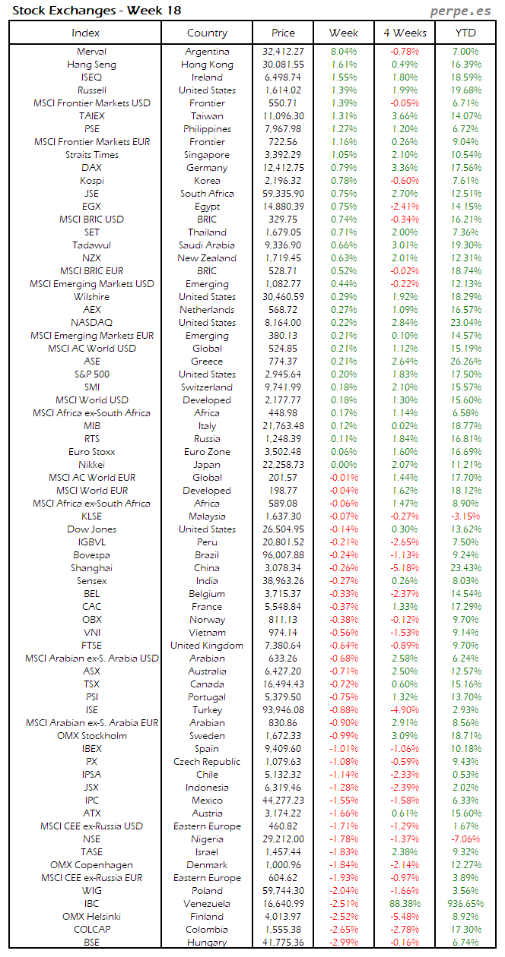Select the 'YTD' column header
pos(465,33)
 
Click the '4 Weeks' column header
pos(405,33)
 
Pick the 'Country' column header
pos(207,33)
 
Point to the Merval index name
pos(91,52)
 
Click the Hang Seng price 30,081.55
pos(283,65)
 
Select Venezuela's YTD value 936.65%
pos(465,904)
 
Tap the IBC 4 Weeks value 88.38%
pos(405,904)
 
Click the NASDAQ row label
pos(91,323)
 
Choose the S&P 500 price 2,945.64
pos(283,374)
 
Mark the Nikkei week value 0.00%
pos(344,464)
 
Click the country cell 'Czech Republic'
pos(207,761)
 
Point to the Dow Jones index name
pos(91,529)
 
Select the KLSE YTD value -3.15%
pos(465,516)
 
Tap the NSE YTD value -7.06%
pos(465,839)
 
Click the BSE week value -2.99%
pos(344,943)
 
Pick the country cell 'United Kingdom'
pos(207,646)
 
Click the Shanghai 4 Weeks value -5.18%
pos(405,568)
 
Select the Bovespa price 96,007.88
pos(283,555)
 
